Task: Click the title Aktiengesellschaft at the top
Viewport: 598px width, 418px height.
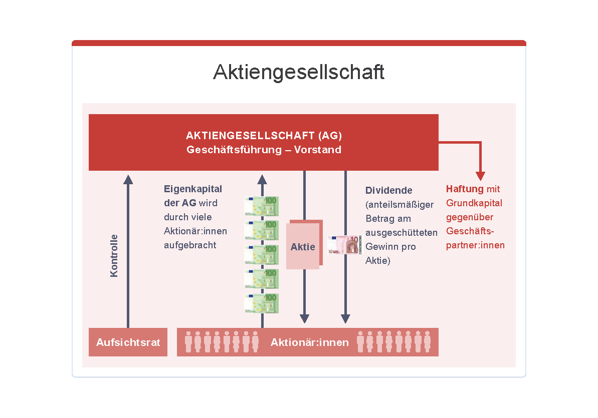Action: [299, 72]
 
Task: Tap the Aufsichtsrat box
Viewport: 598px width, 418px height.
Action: [128, 342]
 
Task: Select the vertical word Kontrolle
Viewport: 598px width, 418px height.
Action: [114, 256]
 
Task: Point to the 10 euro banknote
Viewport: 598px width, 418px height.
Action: [344, 245]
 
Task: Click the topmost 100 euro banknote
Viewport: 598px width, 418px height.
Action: [262, 206]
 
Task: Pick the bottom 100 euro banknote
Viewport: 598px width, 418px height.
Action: [262, 303]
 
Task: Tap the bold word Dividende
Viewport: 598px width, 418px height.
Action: [388, 191]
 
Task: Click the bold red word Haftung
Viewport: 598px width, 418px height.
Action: [465, 189]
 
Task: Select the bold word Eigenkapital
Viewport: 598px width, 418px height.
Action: [193, 189]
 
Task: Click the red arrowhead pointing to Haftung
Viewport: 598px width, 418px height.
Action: [481, 176]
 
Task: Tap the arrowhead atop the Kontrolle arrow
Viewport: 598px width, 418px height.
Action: [128, 180]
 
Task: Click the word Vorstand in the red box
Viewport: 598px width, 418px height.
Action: [318, 150]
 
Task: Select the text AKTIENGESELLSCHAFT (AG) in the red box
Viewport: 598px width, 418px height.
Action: [264, 136]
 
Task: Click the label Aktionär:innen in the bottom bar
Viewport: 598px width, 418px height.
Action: [310, 342]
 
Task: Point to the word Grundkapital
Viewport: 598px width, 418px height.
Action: [474, 203]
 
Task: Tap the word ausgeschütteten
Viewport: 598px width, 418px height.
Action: [402, 233]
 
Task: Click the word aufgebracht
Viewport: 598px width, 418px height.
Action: [190, 245]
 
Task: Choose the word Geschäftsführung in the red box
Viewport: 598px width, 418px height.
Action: [234, 150]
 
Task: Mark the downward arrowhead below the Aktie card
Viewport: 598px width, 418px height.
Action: [304, 318]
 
